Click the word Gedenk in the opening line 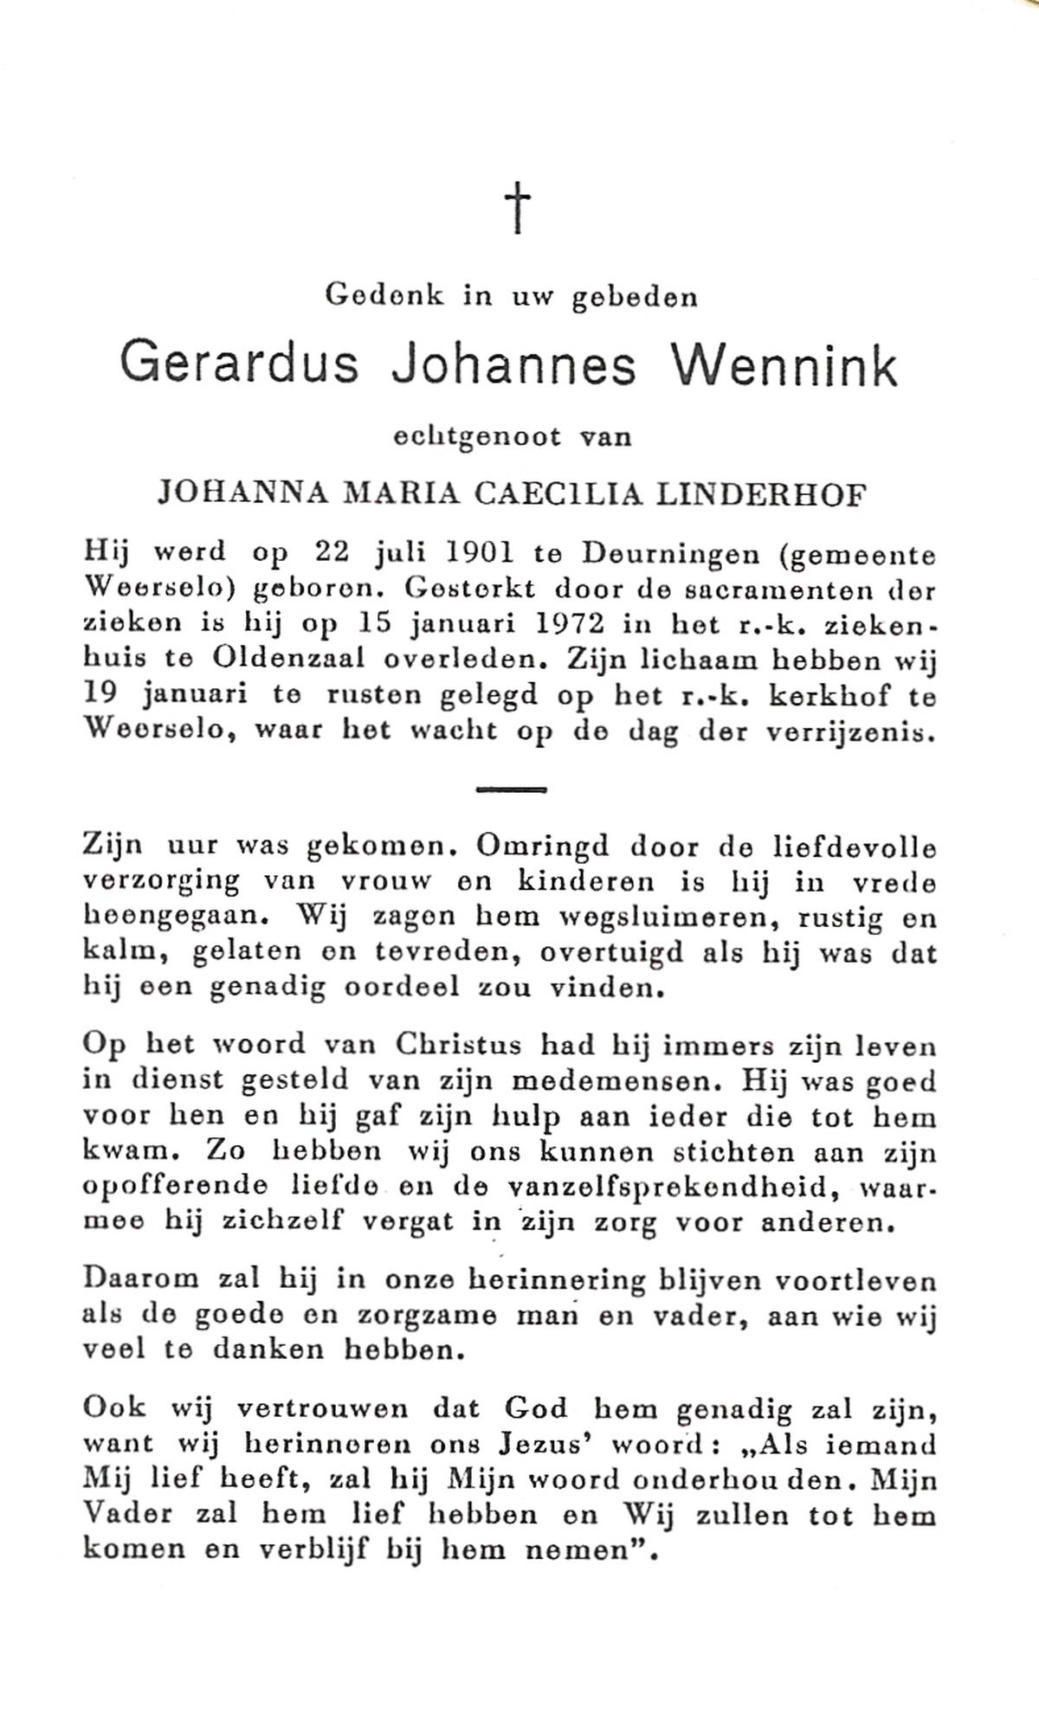coord(384,297)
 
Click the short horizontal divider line coord(511,789)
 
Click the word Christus coord(458,1046)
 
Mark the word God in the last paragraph coord(536,1408)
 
